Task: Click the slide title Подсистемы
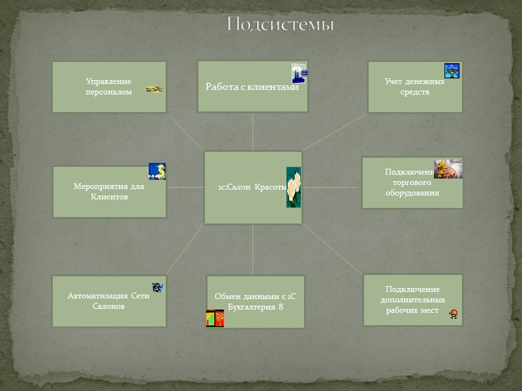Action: click(280, 25)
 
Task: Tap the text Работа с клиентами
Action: click(252, 87)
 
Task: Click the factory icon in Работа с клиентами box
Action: click(299, 74)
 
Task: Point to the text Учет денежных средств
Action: click(414, 87)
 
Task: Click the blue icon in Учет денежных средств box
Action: click(452, 71)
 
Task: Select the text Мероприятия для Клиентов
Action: click(109, 191)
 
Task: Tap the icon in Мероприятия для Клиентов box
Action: click(157, 171)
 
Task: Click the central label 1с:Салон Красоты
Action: click(252, 187)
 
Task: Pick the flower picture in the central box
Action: click(293, 187)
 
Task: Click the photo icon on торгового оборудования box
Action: click(448, 168)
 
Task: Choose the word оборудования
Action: click(412, 193)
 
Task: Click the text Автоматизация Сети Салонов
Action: click(109, 300)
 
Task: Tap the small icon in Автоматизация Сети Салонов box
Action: click(157, 287)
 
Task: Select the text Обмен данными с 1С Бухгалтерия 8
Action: click(255, 301)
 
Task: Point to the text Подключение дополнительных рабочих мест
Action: click(412, 300)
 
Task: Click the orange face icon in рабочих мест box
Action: click(453, 315)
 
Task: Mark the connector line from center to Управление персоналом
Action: click(185, 132)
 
